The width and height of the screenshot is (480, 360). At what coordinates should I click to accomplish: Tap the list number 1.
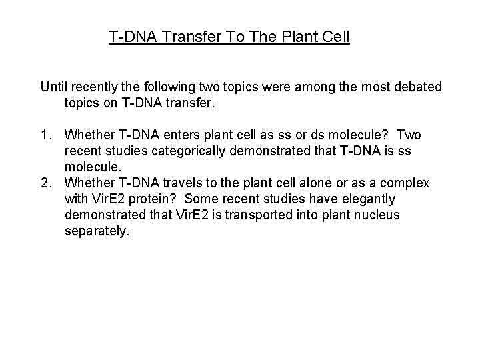[45, 135]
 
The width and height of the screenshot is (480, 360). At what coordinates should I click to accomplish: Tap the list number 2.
[45, 183]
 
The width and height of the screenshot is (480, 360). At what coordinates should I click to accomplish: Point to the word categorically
[183, 151]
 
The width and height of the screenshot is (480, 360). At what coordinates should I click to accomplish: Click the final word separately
[97, 231]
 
